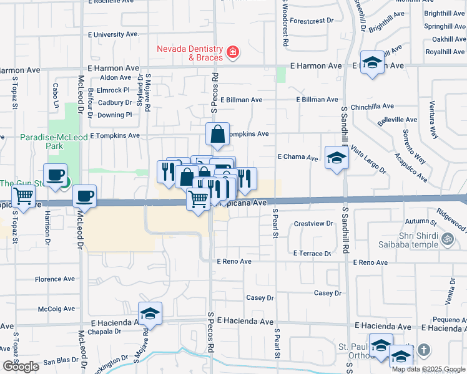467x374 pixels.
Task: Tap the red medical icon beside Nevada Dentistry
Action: point(232,51)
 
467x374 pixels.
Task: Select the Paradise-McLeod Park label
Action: point(33,141)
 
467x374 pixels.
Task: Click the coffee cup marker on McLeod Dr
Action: point(84,195)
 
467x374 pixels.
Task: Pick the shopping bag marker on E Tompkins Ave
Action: point(217,134)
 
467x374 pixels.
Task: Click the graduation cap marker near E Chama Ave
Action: point(336,157)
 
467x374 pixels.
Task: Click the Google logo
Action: point(21,367)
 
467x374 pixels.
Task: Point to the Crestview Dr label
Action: point(313,223)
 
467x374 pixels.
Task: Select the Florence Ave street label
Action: point(55,279)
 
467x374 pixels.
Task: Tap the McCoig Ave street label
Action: point(56,308)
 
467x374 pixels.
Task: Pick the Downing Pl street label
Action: point(115,115)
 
